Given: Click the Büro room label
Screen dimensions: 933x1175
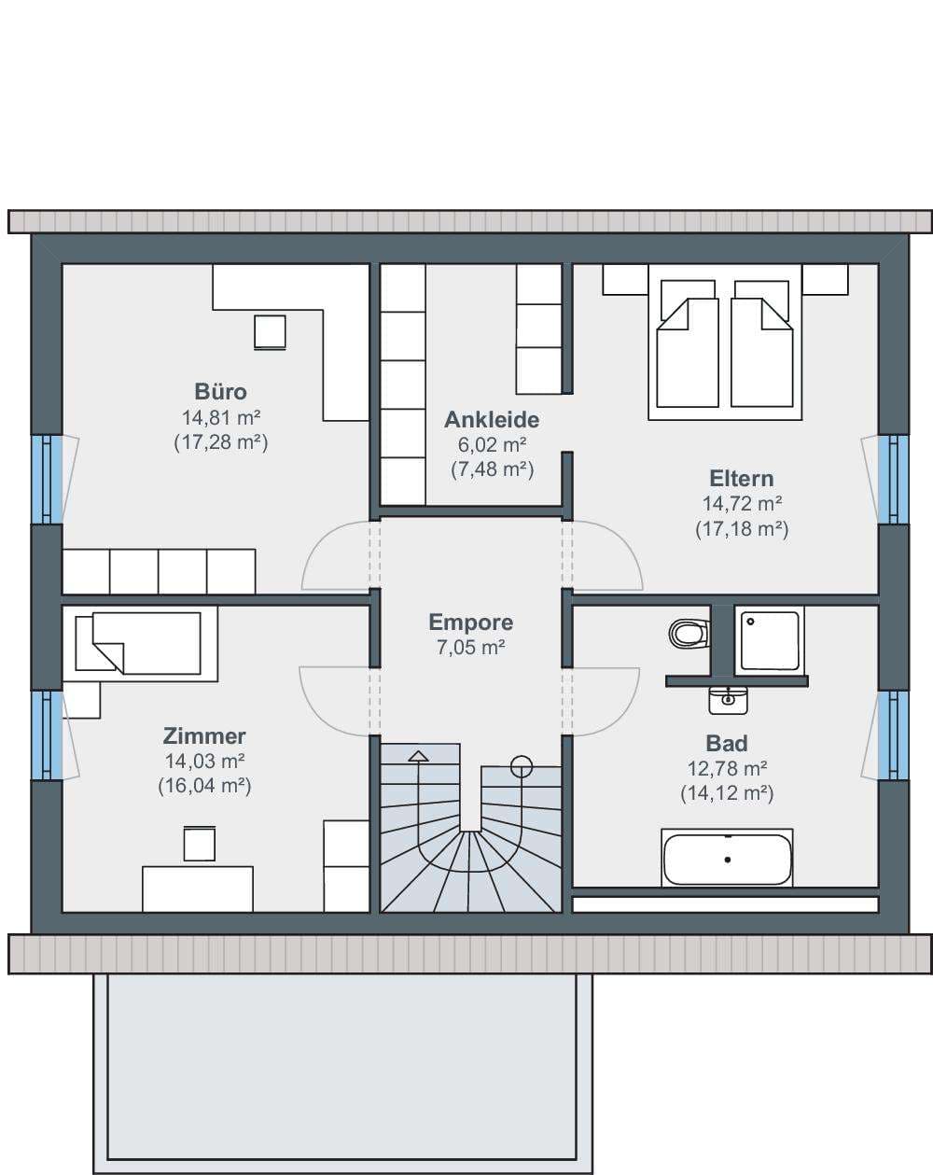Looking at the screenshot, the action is pos(220,391).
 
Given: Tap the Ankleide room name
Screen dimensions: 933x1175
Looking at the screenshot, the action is pos(492,419).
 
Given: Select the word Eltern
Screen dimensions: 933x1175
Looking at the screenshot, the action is pos(742,478).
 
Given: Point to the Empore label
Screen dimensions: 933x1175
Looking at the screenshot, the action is pos(470,622).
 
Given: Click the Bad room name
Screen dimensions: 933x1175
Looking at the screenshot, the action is pos(727,743).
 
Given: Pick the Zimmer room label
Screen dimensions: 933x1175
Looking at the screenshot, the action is pos(204,736).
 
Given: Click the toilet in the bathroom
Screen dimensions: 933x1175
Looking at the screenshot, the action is pos(689,634).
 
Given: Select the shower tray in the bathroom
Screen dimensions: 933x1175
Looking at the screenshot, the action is pos(769,640).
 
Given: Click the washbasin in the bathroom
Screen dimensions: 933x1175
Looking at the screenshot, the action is pos(728,701).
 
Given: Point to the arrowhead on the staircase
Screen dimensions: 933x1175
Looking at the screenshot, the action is pos(419,756).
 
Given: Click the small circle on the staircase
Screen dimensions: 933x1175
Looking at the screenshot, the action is pos(522,766).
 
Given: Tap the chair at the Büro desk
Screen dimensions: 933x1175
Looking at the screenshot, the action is pos(270,332).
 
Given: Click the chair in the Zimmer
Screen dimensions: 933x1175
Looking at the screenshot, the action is pos(200,844).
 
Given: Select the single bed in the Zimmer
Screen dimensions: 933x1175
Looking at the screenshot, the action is pos(139,643).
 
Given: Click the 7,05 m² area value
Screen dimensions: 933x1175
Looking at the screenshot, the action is pos(470,648).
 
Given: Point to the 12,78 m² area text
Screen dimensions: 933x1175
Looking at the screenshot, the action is pos(727,769).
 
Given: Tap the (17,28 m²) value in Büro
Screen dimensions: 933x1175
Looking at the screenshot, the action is pos(220,442).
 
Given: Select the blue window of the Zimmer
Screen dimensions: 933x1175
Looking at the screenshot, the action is pos(47,735).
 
